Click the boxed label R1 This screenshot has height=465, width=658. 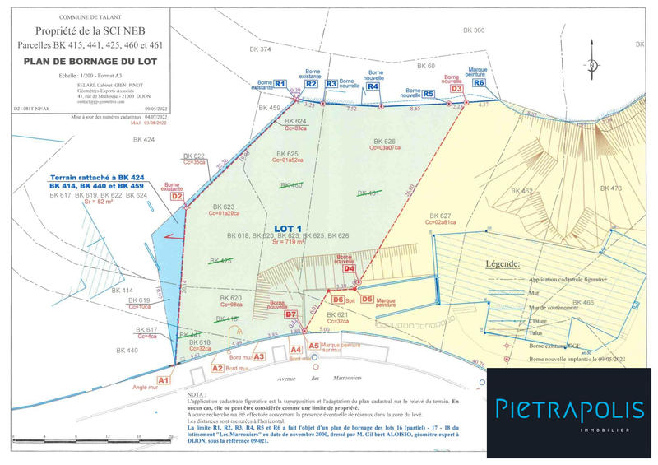[x=279, y=84]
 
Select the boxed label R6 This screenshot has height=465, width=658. [x=480, y=82]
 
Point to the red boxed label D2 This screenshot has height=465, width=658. [x=177, y=196]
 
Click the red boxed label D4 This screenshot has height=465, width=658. [x=349, y=268]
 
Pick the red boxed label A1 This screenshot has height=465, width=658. [x=163, y=379]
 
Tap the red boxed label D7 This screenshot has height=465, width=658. [x=290, y=314]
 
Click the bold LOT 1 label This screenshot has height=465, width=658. [x=289, y=228]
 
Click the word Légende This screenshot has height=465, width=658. [x=503, y=265]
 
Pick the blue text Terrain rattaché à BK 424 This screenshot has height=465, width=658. [x=97, y=177]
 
